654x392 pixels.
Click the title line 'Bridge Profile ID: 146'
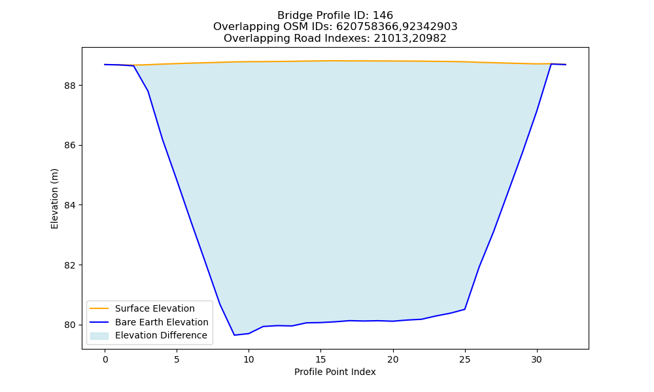(335, 16)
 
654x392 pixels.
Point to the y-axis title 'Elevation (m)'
(54, 199)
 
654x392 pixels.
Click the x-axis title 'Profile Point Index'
(335, 372)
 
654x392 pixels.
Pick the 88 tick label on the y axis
(71, 86)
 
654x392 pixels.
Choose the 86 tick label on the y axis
(71, 146)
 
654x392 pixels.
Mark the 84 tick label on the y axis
(71, 205)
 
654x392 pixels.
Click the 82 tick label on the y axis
(71, 265)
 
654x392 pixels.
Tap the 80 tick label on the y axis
(71, 325)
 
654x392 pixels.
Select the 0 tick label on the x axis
(105, 359)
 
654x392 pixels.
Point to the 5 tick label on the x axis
(177, 359)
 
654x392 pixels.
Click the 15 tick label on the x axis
(320, 359)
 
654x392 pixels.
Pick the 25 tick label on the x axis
(464, 359)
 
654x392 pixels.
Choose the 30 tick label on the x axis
(537, 359)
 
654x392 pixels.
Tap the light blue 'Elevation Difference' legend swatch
(99, 336)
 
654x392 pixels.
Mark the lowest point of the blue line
(234, 335)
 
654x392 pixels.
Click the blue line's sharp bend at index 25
(464, 309)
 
